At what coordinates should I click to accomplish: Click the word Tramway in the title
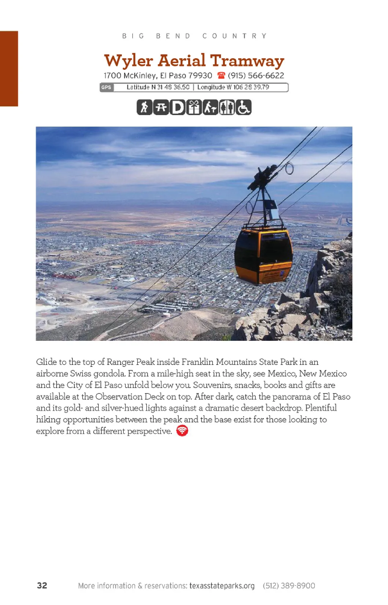tap(247, 61)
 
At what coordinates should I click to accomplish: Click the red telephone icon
tap(221, 75)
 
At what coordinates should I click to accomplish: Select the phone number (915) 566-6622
tap(256, 75)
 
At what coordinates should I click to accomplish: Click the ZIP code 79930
tap(200, 75)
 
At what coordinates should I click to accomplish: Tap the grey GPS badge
tap(106, 88)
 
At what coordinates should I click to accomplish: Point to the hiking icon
tap(144, 107)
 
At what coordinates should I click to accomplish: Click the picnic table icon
tap(161, 107)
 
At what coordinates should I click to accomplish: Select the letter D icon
tap(177, 107)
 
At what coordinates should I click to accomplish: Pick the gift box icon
tap(194, 107)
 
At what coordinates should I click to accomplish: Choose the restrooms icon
tap(227, 107)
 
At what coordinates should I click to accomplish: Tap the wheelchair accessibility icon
tap(243, 107)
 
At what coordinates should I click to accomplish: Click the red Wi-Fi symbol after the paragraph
tap(182, 431)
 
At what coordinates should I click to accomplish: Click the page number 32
tap(42, 585)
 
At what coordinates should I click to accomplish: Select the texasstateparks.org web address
tap(222, 586)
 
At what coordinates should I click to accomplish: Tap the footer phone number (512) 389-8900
tap(289, 586)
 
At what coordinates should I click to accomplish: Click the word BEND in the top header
tap(173, 36)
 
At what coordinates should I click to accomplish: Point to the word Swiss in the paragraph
tap(80, 373)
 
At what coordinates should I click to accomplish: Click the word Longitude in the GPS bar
tap(211, 87)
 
